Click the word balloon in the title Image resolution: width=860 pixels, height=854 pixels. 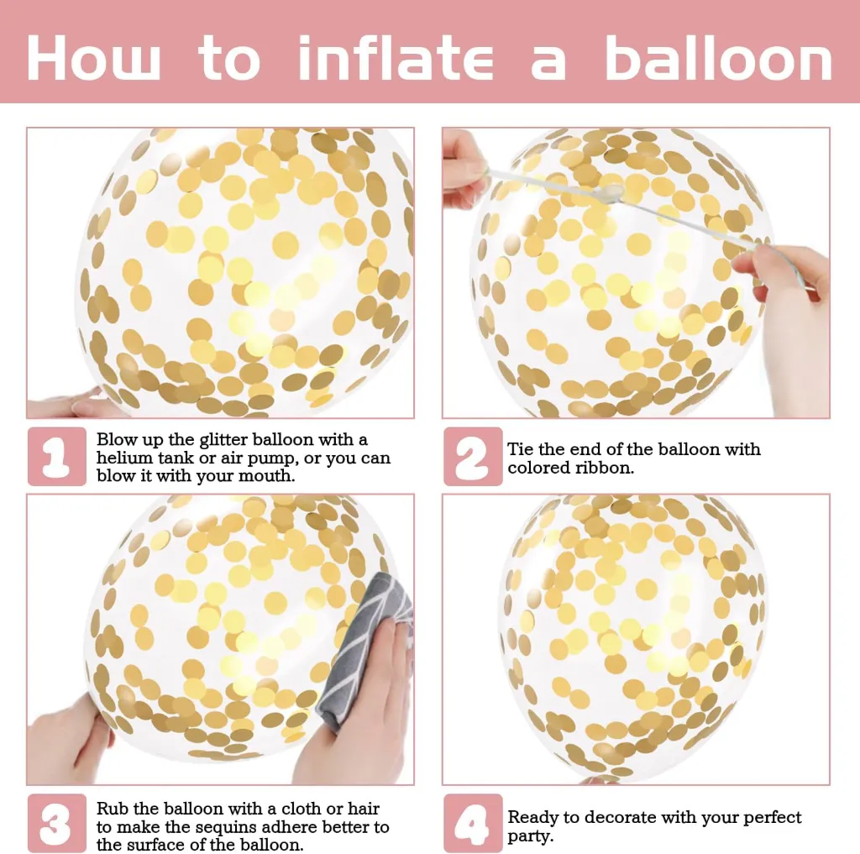[x=718, y=58]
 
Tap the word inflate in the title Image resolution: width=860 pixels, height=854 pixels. [x=395, y=58]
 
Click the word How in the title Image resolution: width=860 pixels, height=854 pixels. [x=93, y=59]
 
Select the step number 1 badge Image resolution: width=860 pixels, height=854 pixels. [x=57, y=456]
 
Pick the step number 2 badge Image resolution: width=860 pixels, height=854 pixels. [x=473, y=456]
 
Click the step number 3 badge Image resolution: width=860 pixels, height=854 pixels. [x=57, y=823]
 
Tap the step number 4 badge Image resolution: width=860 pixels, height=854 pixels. [x=473, y=823]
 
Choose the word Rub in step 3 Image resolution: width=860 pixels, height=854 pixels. [x=113, y=809]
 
